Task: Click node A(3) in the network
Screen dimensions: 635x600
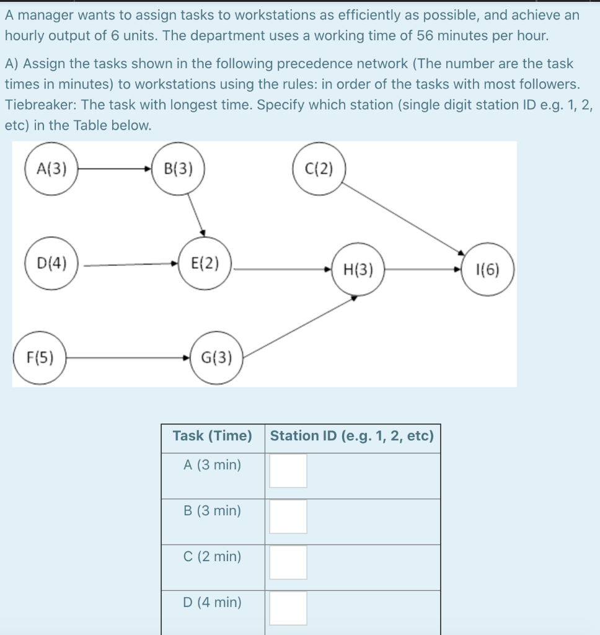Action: (x=51, y=168)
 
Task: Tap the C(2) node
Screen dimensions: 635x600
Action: (x=319, y=169)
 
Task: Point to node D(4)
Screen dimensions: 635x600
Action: (x=52, y=263)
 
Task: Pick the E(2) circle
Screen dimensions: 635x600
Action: (x=205, y=263)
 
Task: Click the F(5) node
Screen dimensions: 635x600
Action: (x=40, y=357)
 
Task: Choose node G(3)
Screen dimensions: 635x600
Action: (x=217, y=357)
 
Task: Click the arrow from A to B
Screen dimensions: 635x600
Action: (x=115, y=168)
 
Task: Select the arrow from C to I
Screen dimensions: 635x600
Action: (x=403, y=217)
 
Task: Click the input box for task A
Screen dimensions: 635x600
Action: (x=288, y=471)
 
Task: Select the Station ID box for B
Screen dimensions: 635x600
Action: (x=288, y=517)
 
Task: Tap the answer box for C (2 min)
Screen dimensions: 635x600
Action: (x=288, y=562)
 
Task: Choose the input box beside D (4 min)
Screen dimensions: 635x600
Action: (x=288, y=608)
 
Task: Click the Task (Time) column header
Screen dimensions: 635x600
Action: (x=213, y=436)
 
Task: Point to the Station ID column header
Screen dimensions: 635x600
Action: (x=352, y=436)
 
